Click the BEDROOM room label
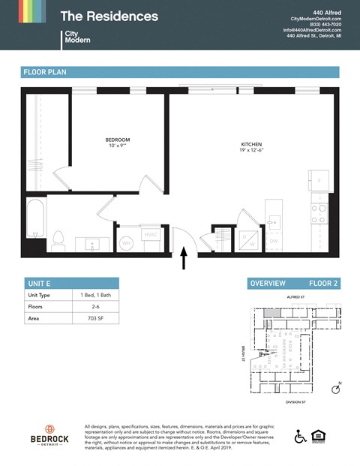point(118,140)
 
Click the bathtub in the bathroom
point(34,217)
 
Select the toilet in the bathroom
point(58,240)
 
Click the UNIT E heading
point(38,283)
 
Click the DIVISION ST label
point(294,401)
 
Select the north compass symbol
point(337,389)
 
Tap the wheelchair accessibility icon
point(300,436)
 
